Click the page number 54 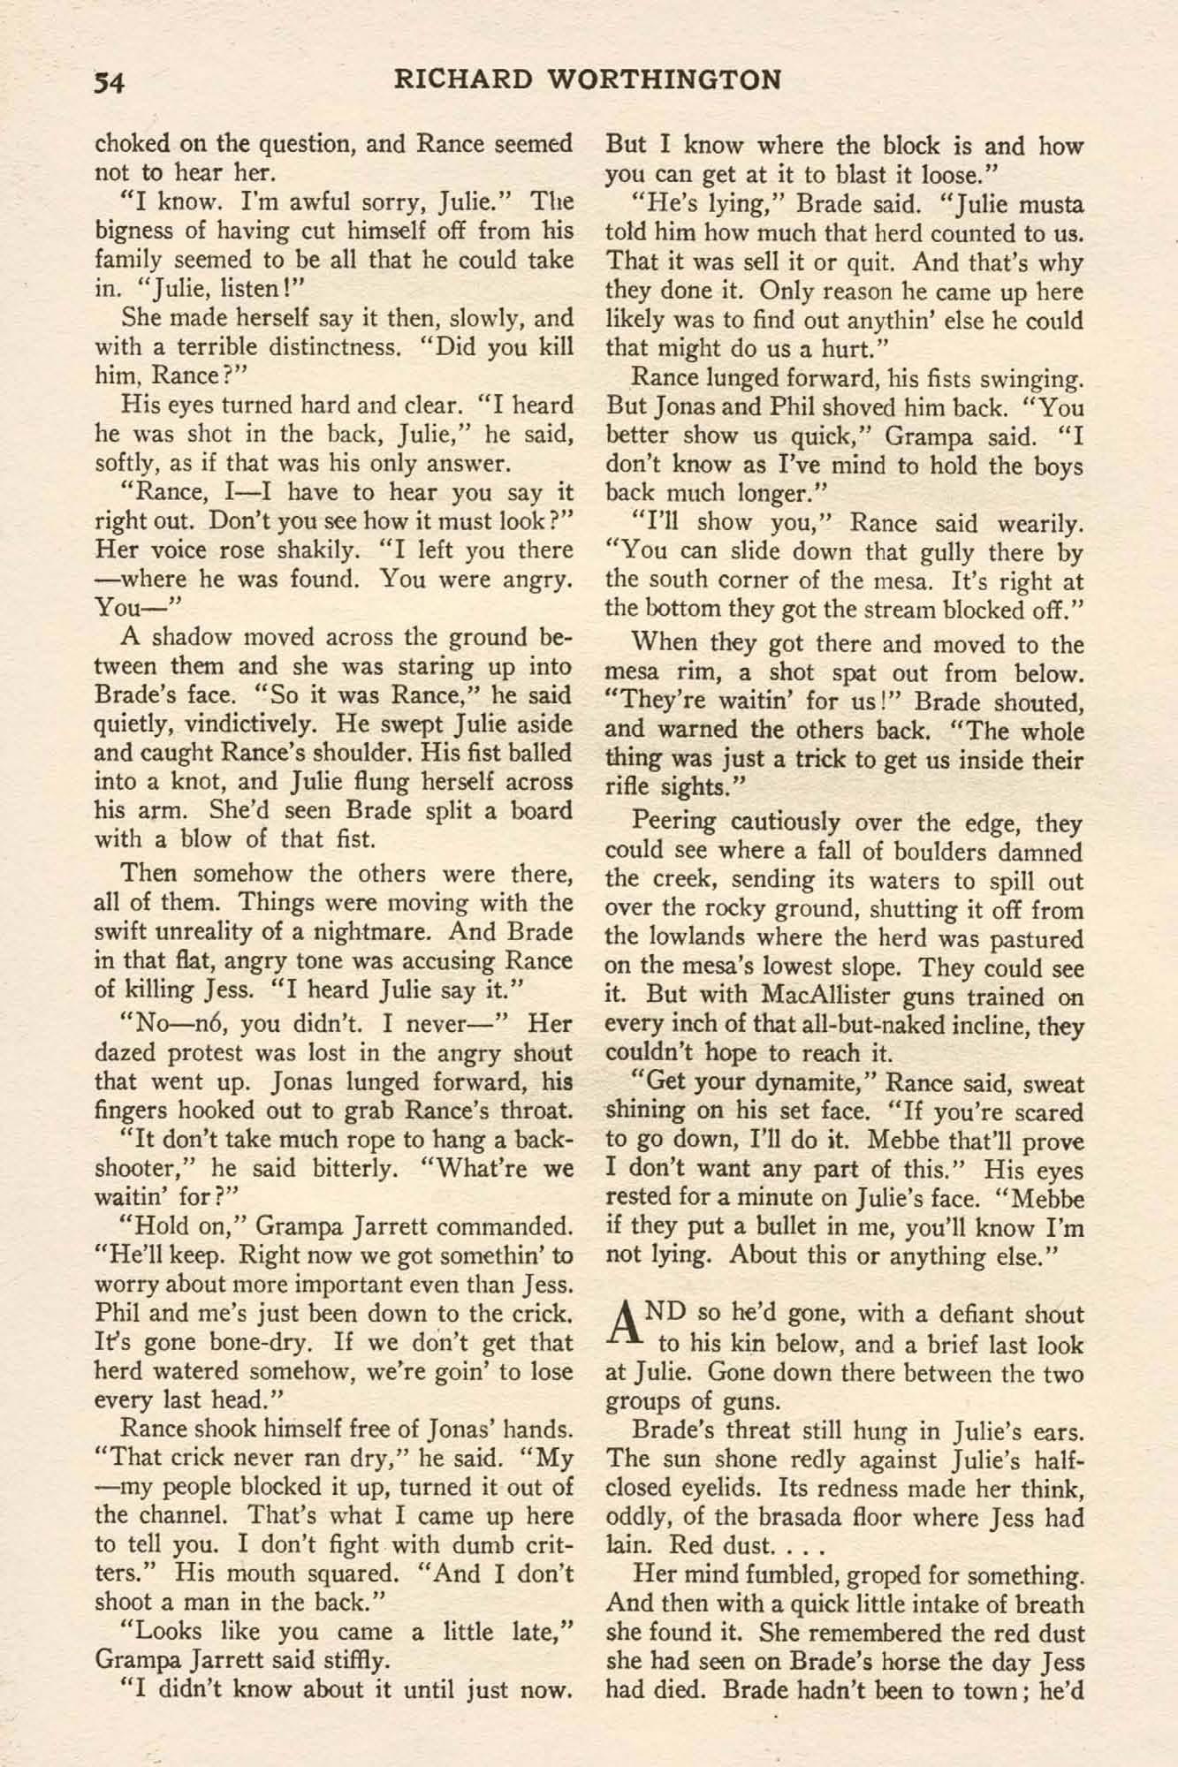[112, 82]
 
